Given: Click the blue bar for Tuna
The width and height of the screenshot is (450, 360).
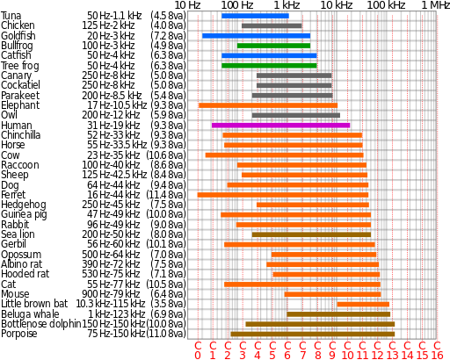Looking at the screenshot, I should pyautogui.click(x=255, y=16).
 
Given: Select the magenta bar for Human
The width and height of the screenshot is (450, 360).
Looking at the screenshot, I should pyautogui.click(x=280, y=126).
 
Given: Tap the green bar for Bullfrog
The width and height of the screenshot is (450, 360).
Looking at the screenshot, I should pyautogui.click(x=273, y=45).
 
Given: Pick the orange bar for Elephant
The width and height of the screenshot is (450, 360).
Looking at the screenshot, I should pyautogui.click(x=267, y=105).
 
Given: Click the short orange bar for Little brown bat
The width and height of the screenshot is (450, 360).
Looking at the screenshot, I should pyautogui.click(x=363, y=304).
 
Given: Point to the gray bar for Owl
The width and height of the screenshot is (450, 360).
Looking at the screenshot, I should pyautogui.click(x=295, y=115).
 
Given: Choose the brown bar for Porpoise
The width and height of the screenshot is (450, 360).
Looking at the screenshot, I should pyautogui.click(x=312, y=334).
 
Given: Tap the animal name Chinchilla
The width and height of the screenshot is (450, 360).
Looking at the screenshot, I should pyautogui.click(x=21, y=135).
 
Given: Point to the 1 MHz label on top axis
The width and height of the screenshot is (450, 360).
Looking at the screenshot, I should pyautogui.click(x=434, y=5).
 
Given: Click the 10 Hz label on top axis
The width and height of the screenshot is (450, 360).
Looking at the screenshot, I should pyautogui.click(x=187, y=5).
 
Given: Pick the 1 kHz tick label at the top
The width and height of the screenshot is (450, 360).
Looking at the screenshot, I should pyautogui.click(x=287, y=5).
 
